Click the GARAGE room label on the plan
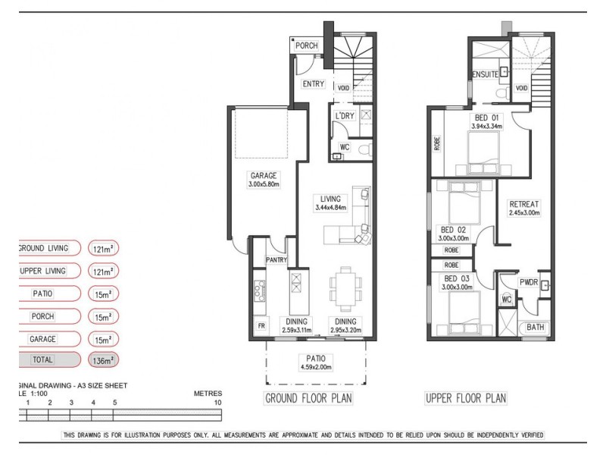point(263,175)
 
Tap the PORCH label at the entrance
point(307,46)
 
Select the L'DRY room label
point(345,116)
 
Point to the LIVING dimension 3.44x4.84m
point(330,208)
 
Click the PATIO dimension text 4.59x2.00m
point(316,368)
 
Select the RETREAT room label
point(524,204)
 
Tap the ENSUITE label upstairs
point(485,75)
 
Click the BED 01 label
point(487,118)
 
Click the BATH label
point(535,328)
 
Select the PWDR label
point(528,282)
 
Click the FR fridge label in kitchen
point(261,327)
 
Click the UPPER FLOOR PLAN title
point(466,398)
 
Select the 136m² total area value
point(102,360)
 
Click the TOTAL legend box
point(43,360)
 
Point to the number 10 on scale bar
point(218,402)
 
